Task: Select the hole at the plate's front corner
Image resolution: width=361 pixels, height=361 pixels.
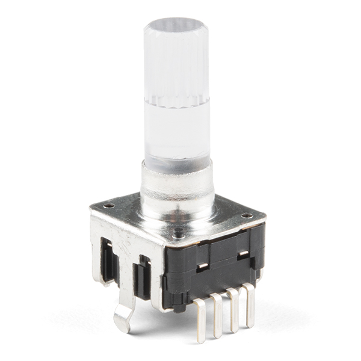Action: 179,232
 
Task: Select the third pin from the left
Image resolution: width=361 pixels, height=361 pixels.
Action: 233,309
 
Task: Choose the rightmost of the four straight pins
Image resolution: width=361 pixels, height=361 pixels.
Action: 248,304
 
